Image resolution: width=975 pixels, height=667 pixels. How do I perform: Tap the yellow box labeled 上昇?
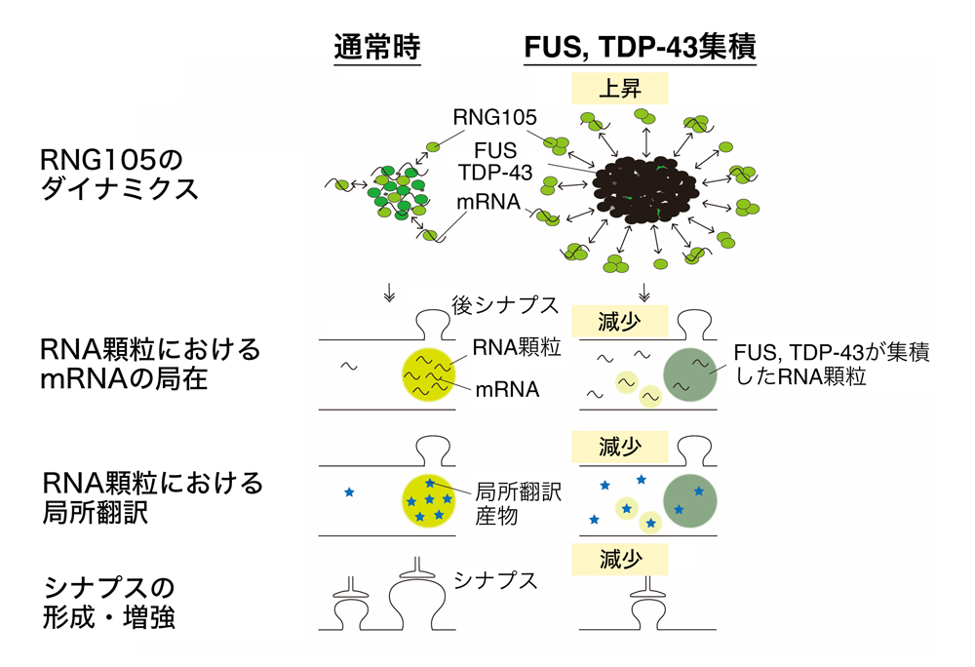[x=619, y=90]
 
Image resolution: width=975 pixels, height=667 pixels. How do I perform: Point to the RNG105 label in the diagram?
[x=494, y=118]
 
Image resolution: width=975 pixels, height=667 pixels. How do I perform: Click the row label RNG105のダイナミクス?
[x=120, y=174]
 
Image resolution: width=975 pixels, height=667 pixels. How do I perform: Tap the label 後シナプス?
[x=504, y=304]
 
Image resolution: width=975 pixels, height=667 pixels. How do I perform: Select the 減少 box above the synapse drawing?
[x=619, y=559]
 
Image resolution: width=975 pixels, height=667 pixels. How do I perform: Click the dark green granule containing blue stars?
[x=690, y=500]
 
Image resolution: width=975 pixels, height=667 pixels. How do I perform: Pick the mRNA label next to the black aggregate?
[x=491, y=205]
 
